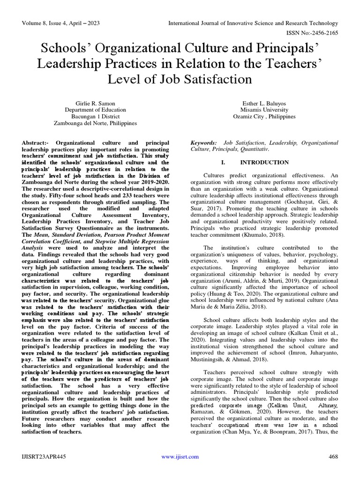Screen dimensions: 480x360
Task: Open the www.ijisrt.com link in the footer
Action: tap(180, 457)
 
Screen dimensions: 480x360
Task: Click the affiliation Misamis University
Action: tap(264, 109)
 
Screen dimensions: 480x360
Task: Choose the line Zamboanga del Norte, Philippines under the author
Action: tap(95, 123)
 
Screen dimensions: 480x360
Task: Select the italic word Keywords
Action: tap(202, 142)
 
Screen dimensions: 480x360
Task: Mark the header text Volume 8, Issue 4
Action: tap(46, 23)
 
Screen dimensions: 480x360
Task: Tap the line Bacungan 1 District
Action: tap(95, 116)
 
